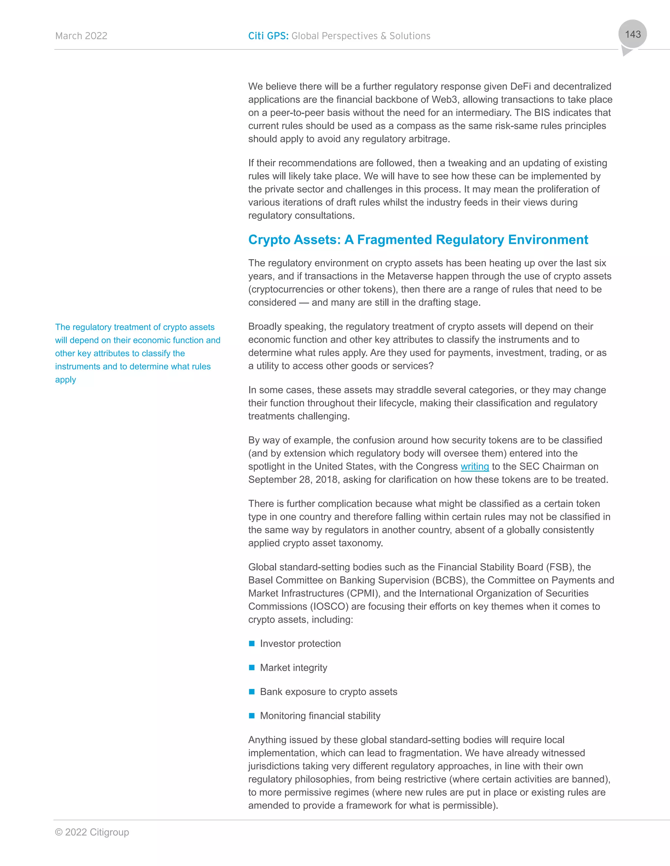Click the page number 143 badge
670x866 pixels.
pyautogui.click(x=633, y=35)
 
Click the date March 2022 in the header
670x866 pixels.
pyautogui.click(x=81, y=36)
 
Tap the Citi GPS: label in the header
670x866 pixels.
pyautogui.click(x=268, y=36)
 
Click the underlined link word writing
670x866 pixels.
pyautogui.click(x=474, y=466)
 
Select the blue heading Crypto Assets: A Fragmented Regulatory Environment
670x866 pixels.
pyautogui.click(x=418, y=240)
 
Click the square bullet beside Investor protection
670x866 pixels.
pyautogui.click(x=252, y=643)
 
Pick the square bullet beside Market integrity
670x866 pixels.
pyautogui.click(x=252, y=668)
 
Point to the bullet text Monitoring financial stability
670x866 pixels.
pyautogui.click(x=320, y=716)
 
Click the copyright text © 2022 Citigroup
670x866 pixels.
pyautogui.click(x=92, y=832)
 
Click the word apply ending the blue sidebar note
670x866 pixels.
pyautogui.click(x=65, y=380)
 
